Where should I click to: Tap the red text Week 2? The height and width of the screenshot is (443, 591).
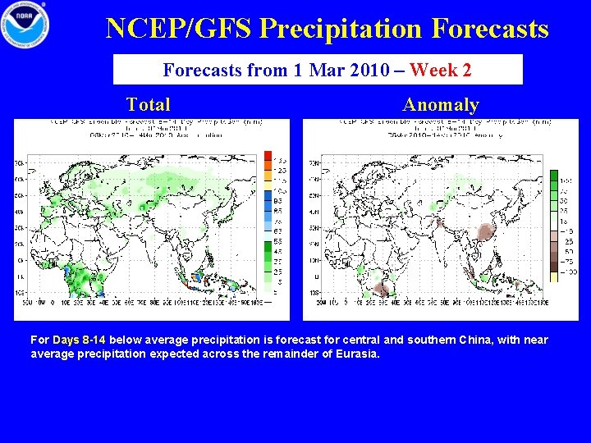(441, 70)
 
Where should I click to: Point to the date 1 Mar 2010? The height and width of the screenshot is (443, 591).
(332, 70)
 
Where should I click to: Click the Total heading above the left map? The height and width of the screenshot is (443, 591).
(149, 104)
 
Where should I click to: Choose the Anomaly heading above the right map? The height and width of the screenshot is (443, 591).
(441, 104)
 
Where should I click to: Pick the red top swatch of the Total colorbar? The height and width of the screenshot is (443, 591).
(268, 155)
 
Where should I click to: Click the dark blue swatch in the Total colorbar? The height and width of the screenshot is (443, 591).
(268, 196)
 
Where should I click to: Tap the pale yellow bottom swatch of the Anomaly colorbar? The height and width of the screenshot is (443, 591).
(554, 277)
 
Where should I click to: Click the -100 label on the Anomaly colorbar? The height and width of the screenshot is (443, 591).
(569, 272)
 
